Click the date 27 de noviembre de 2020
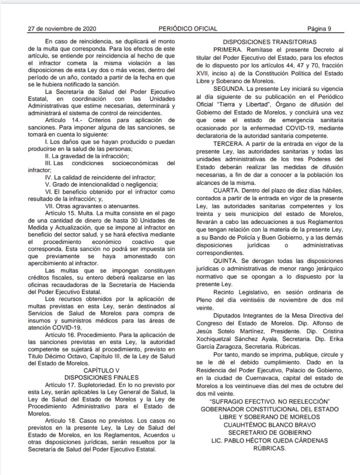point(62,28)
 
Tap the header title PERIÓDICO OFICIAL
point(188,28)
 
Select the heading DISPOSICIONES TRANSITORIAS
point(269,42)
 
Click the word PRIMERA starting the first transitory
point(230,50)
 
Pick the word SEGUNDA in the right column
point(231,88)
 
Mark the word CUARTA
point(228,191)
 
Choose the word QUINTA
point(227,262)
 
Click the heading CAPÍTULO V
point(101,370)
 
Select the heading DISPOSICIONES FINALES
point(102,377)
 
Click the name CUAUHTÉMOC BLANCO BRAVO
point(269,424)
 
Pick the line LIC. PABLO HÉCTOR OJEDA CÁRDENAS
point(269,440)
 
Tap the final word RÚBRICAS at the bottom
point(269,448)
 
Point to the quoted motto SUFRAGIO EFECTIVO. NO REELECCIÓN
point(269,401)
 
